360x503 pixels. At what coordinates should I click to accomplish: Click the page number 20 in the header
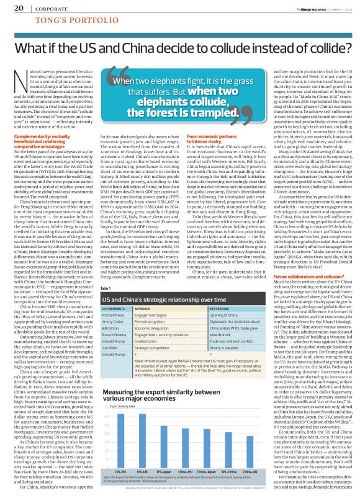click(19, 7)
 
